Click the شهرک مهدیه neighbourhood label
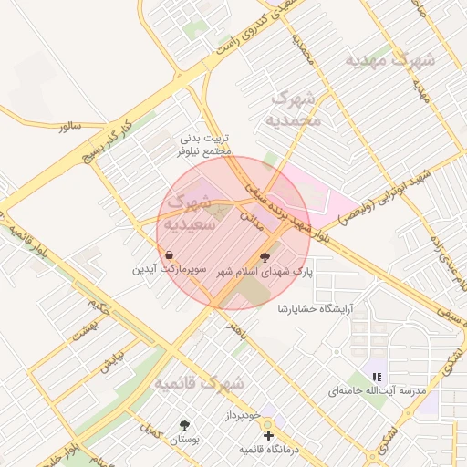coord(389,59)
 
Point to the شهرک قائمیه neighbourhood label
coord(199,383)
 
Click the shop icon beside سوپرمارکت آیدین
coord(170,254)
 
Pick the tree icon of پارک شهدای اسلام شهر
coord(265,258)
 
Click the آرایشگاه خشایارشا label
coord(321,308)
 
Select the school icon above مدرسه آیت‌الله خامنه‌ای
coord(376,377)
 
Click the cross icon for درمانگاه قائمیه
coord(267,436)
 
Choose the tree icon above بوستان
coord(185,425)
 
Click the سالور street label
coord(71,127)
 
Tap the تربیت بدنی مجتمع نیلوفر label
coord(206,148)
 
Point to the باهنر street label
coord(239,327)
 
